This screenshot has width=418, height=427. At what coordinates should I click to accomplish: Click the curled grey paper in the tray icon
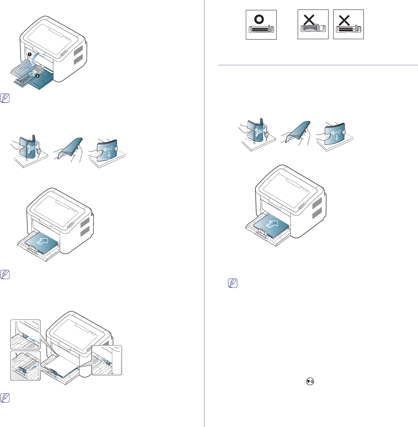pyautogui.click(x=312, y=28)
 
